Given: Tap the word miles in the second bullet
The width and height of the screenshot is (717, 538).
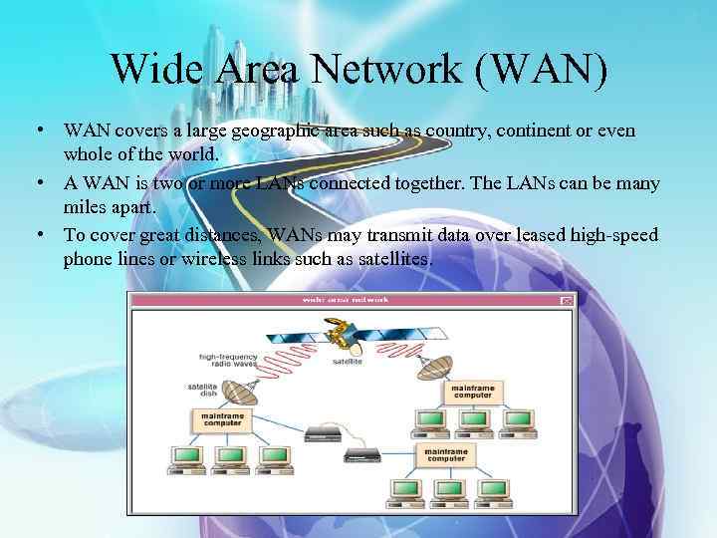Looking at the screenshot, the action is coord(86,208).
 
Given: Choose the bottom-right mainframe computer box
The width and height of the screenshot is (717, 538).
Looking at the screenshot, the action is coord(445,454).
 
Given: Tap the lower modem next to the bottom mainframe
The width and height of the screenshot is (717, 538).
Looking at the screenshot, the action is coord(361,453).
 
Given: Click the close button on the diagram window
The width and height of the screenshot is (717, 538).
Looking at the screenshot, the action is coord(567,300).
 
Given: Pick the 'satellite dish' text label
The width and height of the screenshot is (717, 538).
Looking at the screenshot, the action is coord(202,391).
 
